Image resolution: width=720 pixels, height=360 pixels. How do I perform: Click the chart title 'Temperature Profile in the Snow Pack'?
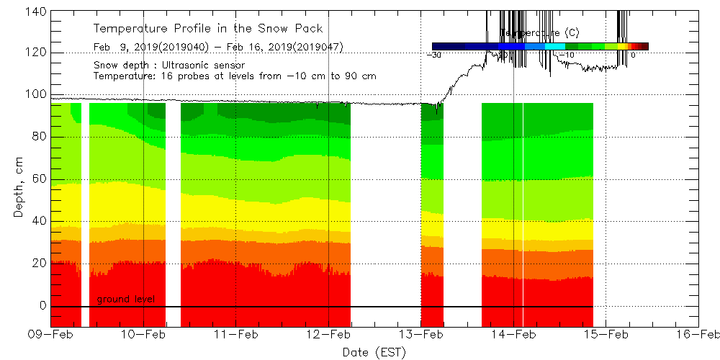[x=208, y=29]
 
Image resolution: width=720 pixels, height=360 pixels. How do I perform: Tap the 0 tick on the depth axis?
[x=42, y=305]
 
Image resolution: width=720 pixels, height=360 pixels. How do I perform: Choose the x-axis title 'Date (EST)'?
[x=374, y=352]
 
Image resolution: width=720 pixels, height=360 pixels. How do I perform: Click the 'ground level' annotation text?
[x=126, y=299]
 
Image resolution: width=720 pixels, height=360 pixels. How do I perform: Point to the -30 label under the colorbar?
[x=434, y=55]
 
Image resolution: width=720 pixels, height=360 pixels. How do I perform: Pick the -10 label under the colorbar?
[x=567, y=55]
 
